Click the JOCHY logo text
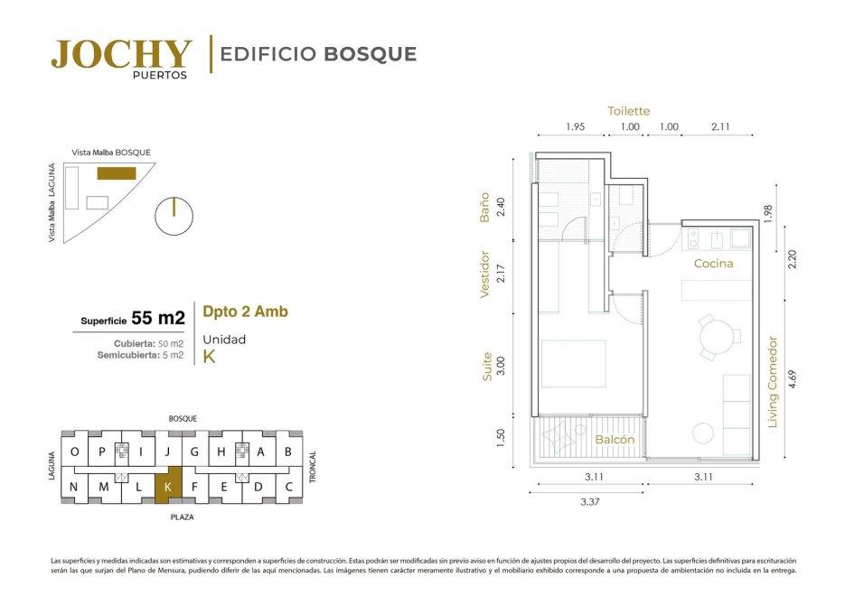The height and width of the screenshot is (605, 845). pyautogui.click(x=121, y=54)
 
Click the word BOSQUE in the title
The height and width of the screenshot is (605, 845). pyautogui.click(x=370, y=54)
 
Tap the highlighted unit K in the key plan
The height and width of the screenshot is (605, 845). pyautogui.click(x=168, y=486)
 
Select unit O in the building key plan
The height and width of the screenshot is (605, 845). pyautogui.click(x=74, y=451)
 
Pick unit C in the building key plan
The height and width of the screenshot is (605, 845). pyautogui.click(x=289, y=487)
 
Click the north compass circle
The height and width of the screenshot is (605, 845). pyautogui.click(x=174, y=217)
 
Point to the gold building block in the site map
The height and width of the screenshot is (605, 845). pyautogui.click(x=117, y=173)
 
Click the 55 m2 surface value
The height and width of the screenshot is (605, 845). pyautogui.click(x=158, y=318)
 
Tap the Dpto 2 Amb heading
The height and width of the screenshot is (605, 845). pyautogui.click(x=245, y=312)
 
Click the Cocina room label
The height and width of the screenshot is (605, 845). pyautogui.click(x=714, y=263)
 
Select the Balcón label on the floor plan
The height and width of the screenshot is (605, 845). pyautogui.click(x=615, y=439)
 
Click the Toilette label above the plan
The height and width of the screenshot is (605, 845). pyautogui.click(x=628, y=111)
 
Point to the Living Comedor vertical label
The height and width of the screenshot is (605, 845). pyautogui.click(x=773, y=382)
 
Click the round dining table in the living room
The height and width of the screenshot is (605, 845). pyautogui.click(x=717, y=338)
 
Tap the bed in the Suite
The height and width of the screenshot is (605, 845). pyautogui.click(x=573, y=363)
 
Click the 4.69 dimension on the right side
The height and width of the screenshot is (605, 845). pyautogui.click(x=792, y=379)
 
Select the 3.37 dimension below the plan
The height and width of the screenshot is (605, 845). pyautogui.click(x=590, y=502)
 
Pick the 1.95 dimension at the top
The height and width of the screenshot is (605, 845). pyautogui.click(x=575, y=127)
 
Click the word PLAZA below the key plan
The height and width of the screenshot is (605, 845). pyautogui.click(x=183, y=517)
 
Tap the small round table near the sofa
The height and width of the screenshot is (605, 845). pyautogui.click(x=703, y=433)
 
